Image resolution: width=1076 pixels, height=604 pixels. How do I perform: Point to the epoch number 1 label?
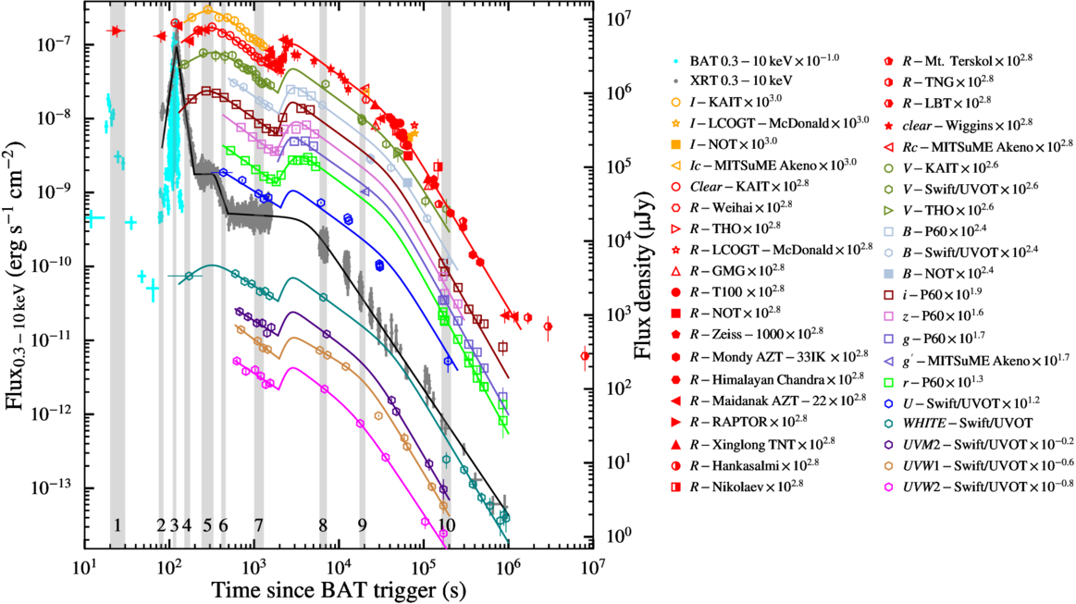click(117, 524)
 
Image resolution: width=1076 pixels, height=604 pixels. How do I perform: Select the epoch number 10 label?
click(446, 524)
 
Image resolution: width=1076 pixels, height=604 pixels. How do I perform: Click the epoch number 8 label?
click(323, 524)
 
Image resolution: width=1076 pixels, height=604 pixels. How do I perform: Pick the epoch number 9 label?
click(362, 524)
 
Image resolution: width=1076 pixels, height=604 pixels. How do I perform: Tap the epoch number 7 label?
click(258, 524)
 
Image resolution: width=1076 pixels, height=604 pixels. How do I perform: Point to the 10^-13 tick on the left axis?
click(52, 487)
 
